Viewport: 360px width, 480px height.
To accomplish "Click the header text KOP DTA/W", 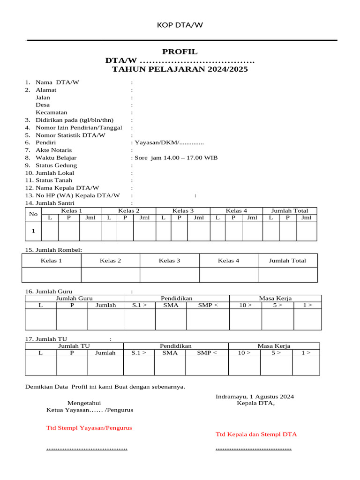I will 180,25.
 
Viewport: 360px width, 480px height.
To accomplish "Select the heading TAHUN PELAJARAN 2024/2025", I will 180,69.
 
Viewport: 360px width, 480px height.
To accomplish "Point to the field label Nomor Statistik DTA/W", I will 70,135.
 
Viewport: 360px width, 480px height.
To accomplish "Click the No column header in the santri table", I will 33,214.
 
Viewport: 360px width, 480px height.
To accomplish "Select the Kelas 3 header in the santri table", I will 183,210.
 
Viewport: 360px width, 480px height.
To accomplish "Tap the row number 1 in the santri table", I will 33,231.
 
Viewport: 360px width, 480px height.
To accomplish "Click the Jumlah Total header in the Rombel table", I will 287,261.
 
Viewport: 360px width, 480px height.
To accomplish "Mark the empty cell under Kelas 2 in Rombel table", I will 111,275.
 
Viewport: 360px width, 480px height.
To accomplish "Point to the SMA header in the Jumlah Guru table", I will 171,305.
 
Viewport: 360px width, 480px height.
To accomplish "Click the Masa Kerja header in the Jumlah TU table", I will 274,346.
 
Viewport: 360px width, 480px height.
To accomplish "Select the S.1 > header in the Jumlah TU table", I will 139,353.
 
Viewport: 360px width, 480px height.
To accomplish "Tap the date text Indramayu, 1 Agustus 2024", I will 255,397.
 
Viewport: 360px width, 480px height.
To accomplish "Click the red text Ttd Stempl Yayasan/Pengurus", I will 89,427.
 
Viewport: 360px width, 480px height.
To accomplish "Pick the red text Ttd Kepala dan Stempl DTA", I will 256,434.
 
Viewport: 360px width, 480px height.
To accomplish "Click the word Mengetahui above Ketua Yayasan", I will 84,403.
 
